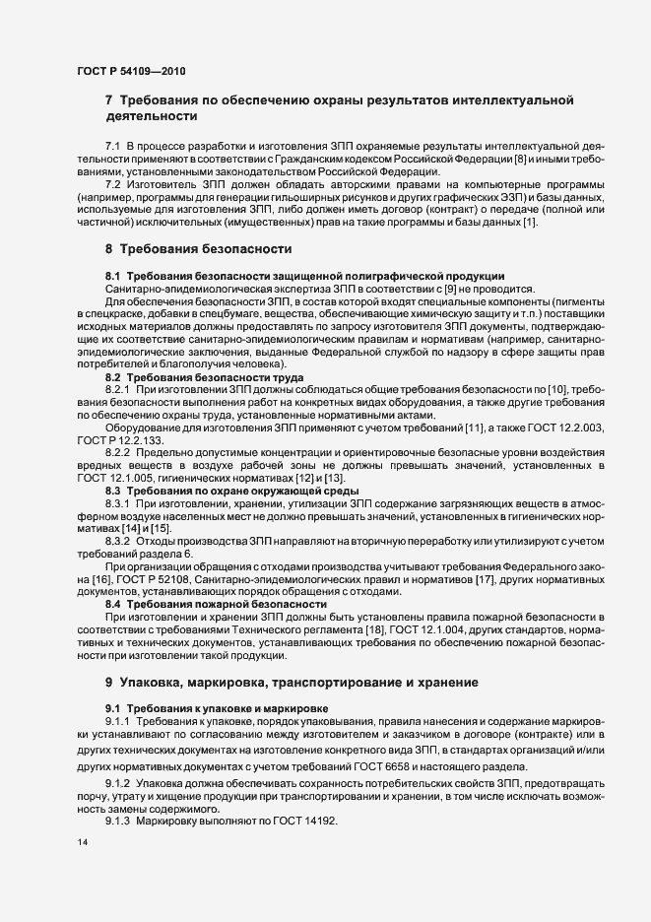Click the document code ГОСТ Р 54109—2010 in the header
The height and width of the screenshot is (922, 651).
tap(129, 71)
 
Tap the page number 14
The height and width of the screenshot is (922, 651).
tap(82, 843)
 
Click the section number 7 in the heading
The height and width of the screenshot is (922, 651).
tap(109, 99)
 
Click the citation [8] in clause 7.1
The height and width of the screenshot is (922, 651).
tap(520, 158)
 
